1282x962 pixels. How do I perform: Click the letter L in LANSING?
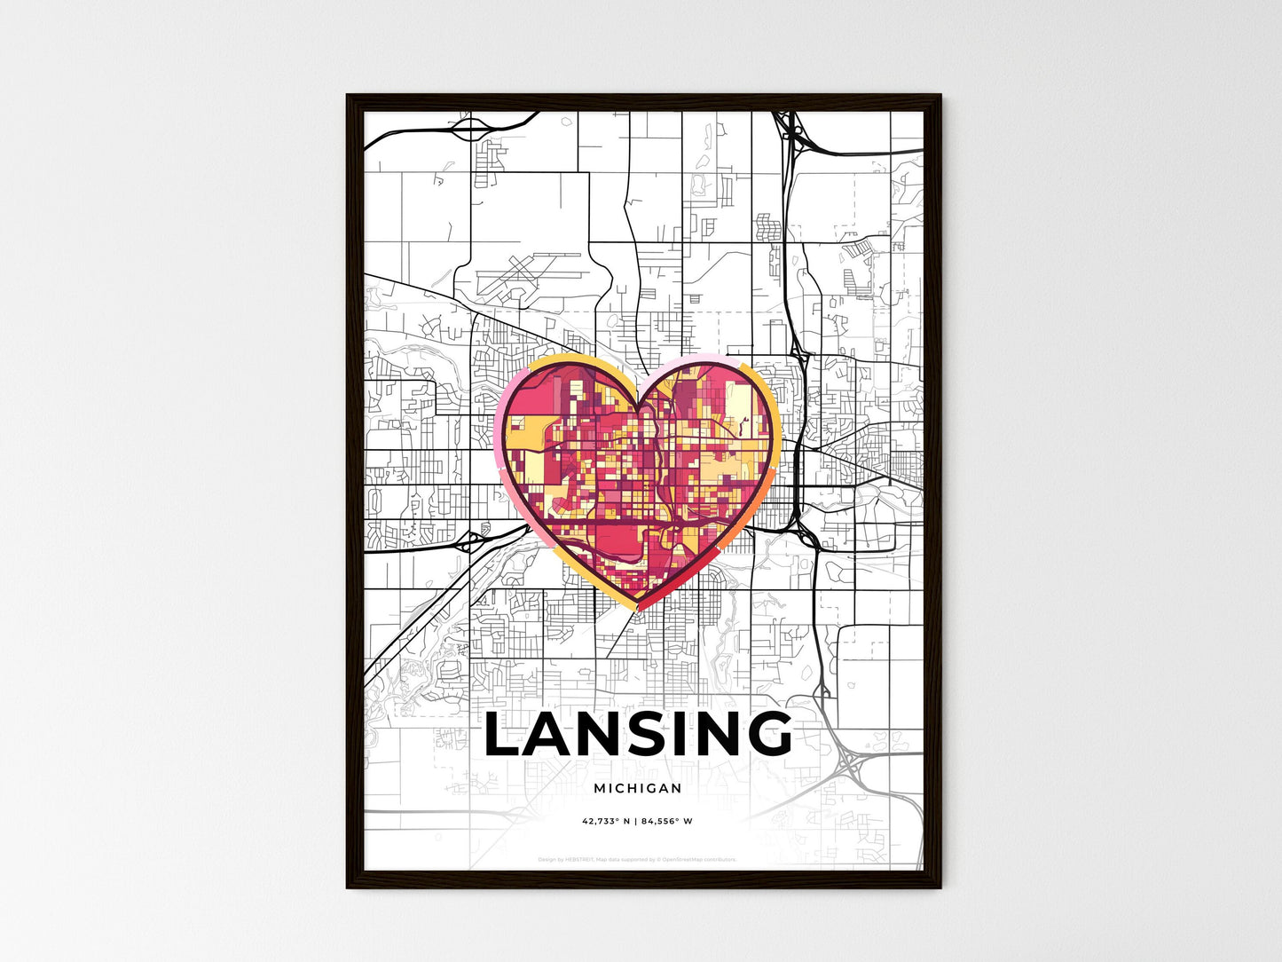[x=505, y=735]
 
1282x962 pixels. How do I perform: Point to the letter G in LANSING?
[x=765, y=735]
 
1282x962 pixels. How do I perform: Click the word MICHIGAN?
[x=638, y=788]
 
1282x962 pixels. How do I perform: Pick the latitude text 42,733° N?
[x=606, y=822]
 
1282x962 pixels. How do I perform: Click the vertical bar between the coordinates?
[x=636, y=822]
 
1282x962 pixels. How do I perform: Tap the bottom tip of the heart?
[x=638, y=610]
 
